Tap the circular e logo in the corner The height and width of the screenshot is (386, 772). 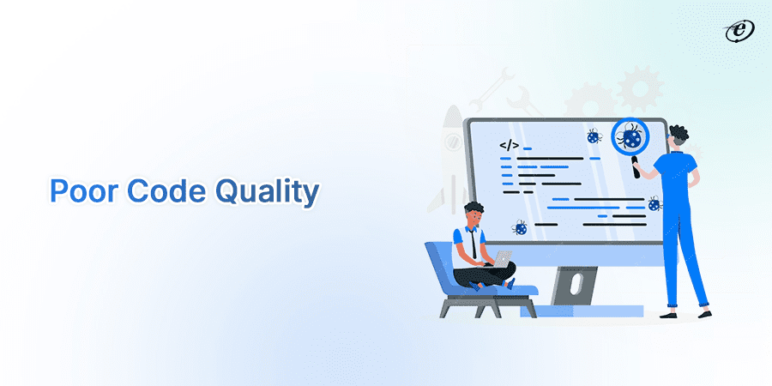[x=737, y=32]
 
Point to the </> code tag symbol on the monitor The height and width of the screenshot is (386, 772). [x=509, y=145]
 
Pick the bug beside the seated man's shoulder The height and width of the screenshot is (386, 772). [x=520, y=228]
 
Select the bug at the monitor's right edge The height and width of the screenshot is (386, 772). [x=654, y=203]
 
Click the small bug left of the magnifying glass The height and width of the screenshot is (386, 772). [x=593, y=136]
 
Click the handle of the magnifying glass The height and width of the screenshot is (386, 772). [x=636, y=164]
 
